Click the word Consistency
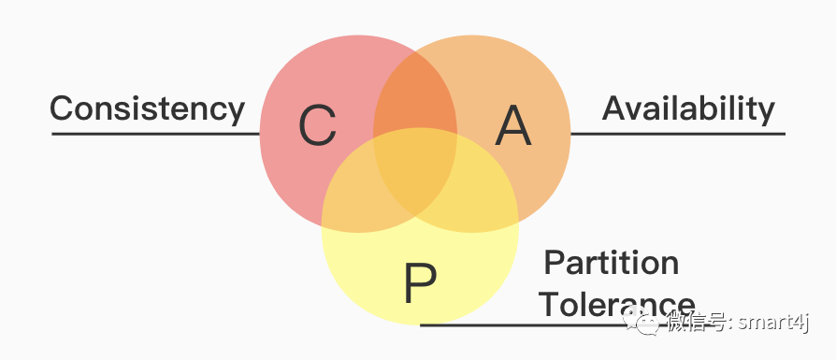point(147,108)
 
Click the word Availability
point(688,108)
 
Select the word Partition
point(612,263)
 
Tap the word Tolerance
point(617,304)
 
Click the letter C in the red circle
point(318,126)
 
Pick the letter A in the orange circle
point(512,126)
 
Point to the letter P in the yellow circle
point(420,283)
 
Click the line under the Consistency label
point(154,134)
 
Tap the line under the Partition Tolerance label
point(561,324)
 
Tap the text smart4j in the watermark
point(774,323)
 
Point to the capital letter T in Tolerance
point(547,304)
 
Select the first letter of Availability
point(613,108)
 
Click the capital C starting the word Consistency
point(61,108)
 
